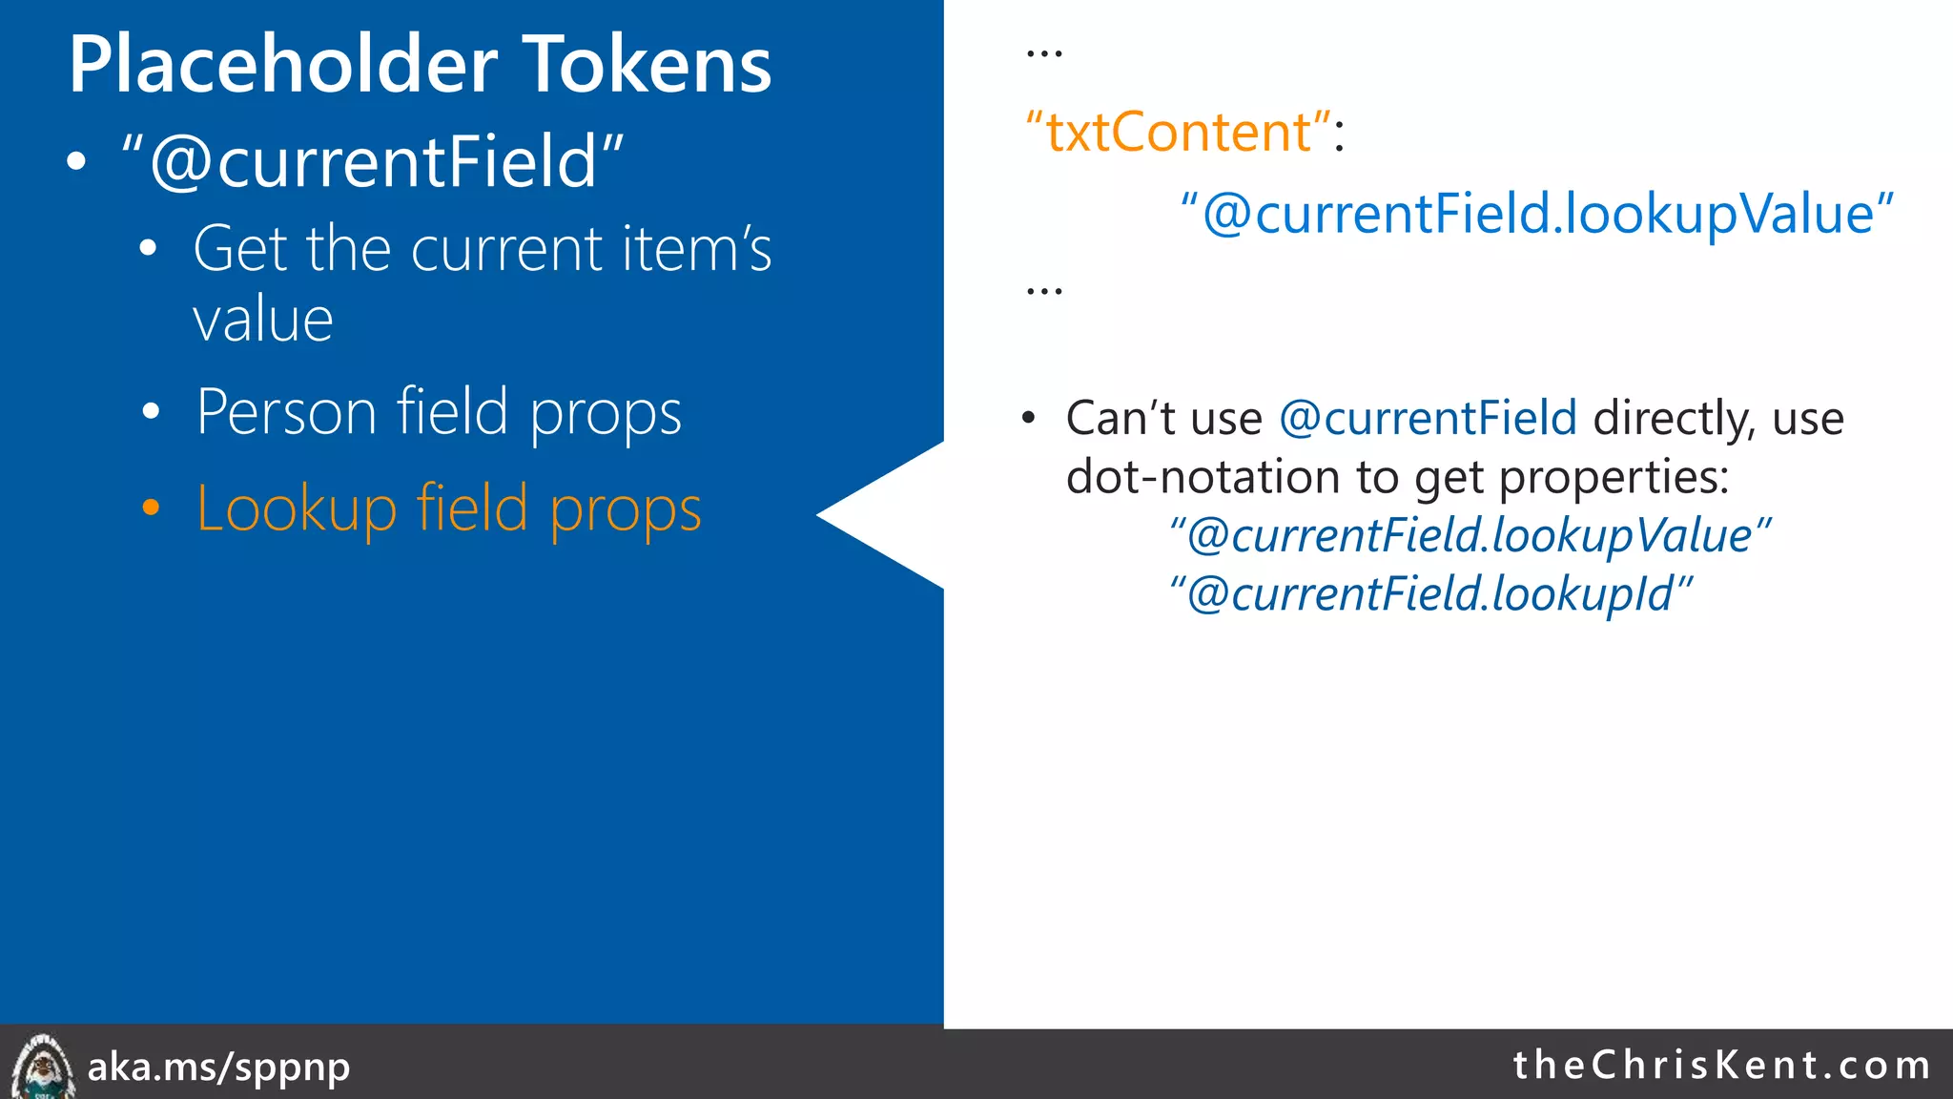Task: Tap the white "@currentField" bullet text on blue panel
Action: pos(372,162)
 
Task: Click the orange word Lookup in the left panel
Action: pos(296,509)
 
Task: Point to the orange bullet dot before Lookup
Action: pos(151,508)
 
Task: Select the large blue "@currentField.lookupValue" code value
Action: pos(1536,214)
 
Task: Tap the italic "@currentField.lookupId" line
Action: pos(1430,594)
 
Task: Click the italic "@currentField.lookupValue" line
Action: pos(1469,536)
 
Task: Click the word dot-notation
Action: pos(1203,477)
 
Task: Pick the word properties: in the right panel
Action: pos(1614,477)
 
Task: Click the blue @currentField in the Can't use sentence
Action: pos(1428,419)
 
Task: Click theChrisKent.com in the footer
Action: pos(1721,1065)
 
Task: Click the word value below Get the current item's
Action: pos(263,321)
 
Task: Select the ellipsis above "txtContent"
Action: pos(1043,53)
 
